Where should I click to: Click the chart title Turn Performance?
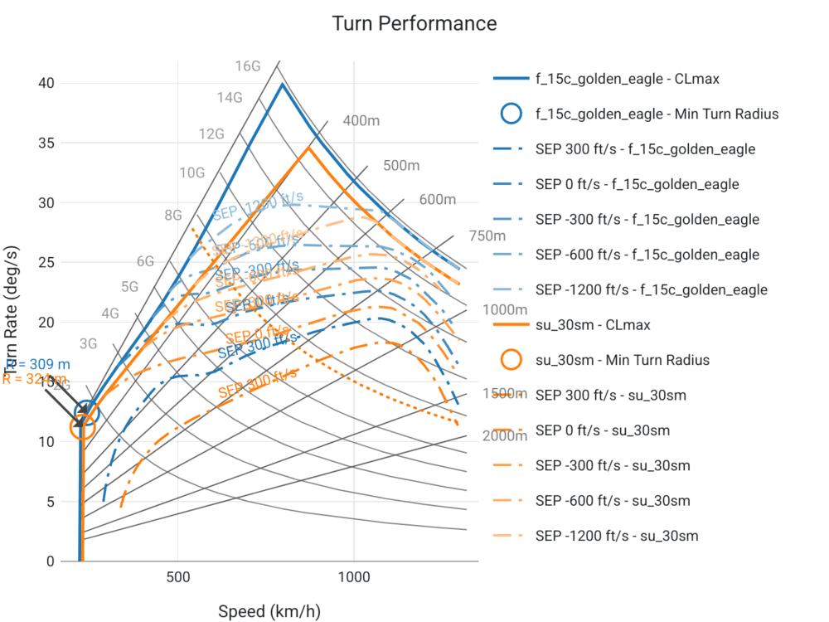point(414,23)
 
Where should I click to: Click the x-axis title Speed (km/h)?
point(269,612)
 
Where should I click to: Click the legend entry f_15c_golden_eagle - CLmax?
point(627,80)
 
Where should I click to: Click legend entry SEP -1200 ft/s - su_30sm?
point(617,536)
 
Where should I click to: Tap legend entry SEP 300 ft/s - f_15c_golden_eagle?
point(645,149)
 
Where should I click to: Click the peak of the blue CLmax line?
point(283,83)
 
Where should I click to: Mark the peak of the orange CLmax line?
point(308,147)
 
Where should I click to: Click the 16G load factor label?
point(247,66)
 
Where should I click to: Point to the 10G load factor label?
point(192,173)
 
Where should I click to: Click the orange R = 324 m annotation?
point(33,379)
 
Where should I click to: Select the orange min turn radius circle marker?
point(83,427)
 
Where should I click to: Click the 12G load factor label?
point(212,134)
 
